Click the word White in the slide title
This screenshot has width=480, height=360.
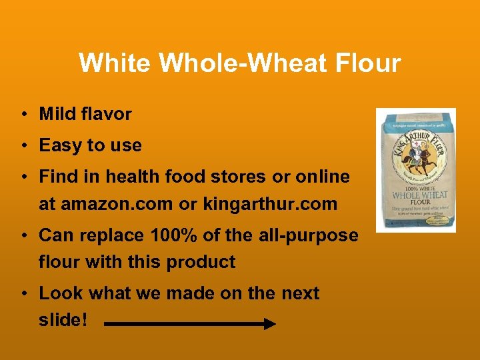point(115,63)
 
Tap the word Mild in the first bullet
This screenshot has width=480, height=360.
point(56,114)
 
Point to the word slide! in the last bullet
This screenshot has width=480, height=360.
point(63,320)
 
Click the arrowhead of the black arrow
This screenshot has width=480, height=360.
point(269,324)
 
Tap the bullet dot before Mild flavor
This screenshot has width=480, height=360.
point(23,115)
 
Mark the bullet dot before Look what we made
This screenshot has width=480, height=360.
point(23,294)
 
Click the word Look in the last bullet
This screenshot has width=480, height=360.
point(58,293)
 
